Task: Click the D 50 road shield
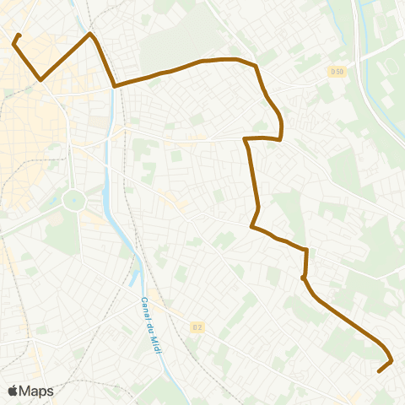click(337, 72)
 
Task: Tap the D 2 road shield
click(197, 327)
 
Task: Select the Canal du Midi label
click(150, 325)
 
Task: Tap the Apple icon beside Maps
click(13, 390)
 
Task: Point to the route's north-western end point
click(19, 35)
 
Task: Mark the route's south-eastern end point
click(379, 370)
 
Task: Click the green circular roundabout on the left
click(74, 201)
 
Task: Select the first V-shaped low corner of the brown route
click(40, 80)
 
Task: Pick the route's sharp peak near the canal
click(90, 34)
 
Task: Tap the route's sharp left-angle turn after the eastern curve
click(245, 138)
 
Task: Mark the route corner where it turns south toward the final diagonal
click(306, 250)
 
